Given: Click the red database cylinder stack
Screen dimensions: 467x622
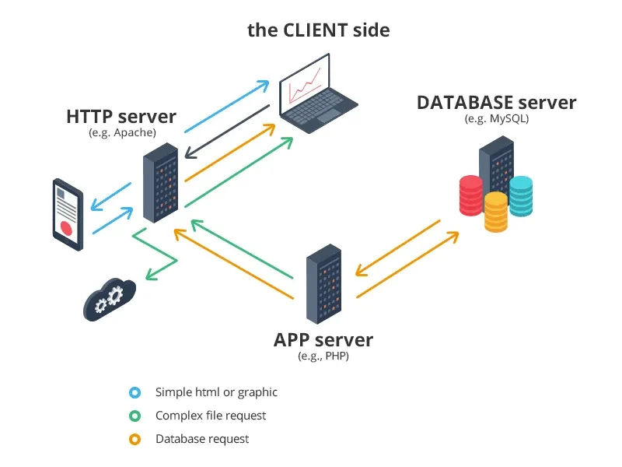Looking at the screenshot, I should (x=471, y=195).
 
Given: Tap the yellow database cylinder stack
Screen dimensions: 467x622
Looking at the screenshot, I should (x=496, y=212).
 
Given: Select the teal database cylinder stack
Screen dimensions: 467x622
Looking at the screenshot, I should (x=521, y=196).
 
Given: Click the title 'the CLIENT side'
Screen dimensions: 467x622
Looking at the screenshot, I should (x=319, y=30).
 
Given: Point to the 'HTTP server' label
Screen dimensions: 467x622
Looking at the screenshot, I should (x=121, y=118).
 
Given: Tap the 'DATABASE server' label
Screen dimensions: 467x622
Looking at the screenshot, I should (x=497, y=103).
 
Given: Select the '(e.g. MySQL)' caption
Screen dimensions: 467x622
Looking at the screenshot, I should (x=497, y=119).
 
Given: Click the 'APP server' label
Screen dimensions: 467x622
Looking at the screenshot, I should (x=323, y=340).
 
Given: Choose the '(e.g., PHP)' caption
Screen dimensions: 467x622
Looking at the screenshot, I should (x=323, y=356).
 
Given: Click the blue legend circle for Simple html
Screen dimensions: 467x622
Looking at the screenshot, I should (x=135, y=392).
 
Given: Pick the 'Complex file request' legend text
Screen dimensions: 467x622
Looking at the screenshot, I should (x=211, y=416).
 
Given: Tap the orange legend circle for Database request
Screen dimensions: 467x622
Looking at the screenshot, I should (x=135, y=439).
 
